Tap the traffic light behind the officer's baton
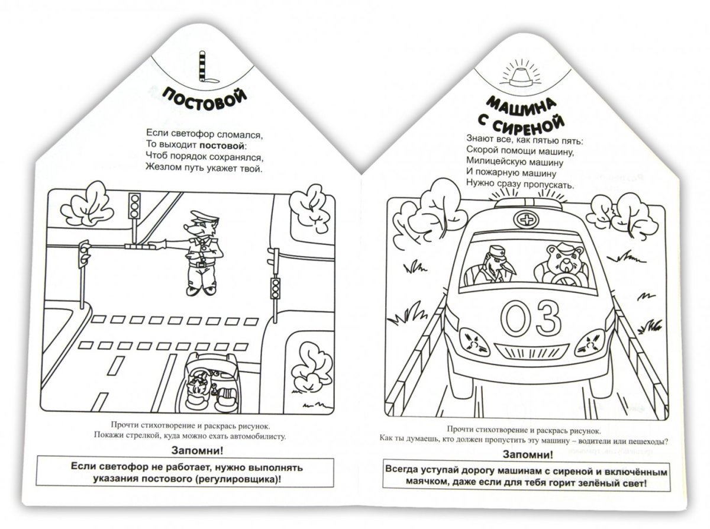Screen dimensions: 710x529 tap(135, 206)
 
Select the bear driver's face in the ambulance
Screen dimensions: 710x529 tap(563, 259)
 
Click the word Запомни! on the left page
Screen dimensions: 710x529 tap(197, 451)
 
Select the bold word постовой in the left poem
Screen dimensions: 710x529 tap(222, 146)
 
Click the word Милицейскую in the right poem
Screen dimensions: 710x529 tap(493, 162)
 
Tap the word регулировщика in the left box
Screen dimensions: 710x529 tap(237, 479)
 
